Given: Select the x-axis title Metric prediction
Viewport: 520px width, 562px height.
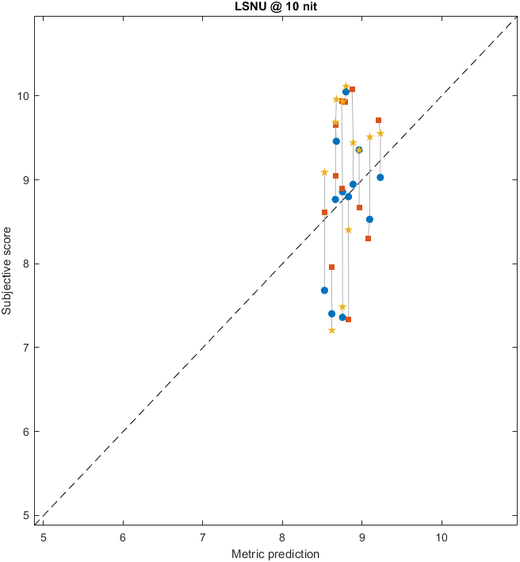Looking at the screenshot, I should [x=274, y=553].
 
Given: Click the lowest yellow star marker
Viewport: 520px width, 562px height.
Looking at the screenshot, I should [x=331, y=330].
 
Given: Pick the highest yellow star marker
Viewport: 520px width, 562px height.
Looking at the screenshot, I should [x=346, y=87].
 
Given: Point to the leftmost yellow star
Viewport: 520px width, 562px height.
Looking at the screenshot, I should [x=324, y=172].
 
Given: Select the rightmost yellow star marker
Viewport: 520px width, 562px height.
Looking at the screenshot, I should [x=380, y=133].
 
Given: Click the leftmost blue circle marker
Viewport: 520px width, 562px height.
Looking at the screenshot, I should [x=324, y=291].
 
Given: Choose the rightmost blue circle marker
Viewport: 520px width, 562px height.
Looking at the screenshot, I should [x=380, y=178].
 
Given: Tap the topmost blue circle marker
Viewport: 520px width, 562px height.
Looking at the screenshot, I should [x=346, y=92].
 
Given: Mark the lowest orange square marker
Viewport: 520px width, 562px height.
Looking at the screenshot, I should [x=348, y=320].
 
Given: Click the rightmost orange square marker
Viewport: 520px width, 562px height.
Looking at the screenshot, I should [x=378, y=121].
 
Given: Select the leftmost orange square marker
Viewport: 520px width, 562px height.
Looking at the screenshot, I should [x=324, y=213].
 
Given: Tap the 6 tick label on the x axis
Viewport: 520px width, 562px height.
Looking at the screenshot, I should [x=123, y=537].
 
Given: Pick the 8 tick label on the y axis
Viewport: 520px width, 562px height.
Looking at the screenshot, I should [x=26, y=264].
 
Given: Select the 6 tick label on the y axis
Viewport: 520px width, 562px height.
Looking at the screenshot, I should [x=26, y=432].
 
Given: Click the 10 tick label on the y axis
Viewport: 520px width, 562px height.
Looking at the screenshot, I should [x=24, y=96].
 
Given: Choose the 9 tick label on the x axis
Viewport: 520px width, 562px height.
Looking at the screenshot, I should [x=362, y=537].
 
